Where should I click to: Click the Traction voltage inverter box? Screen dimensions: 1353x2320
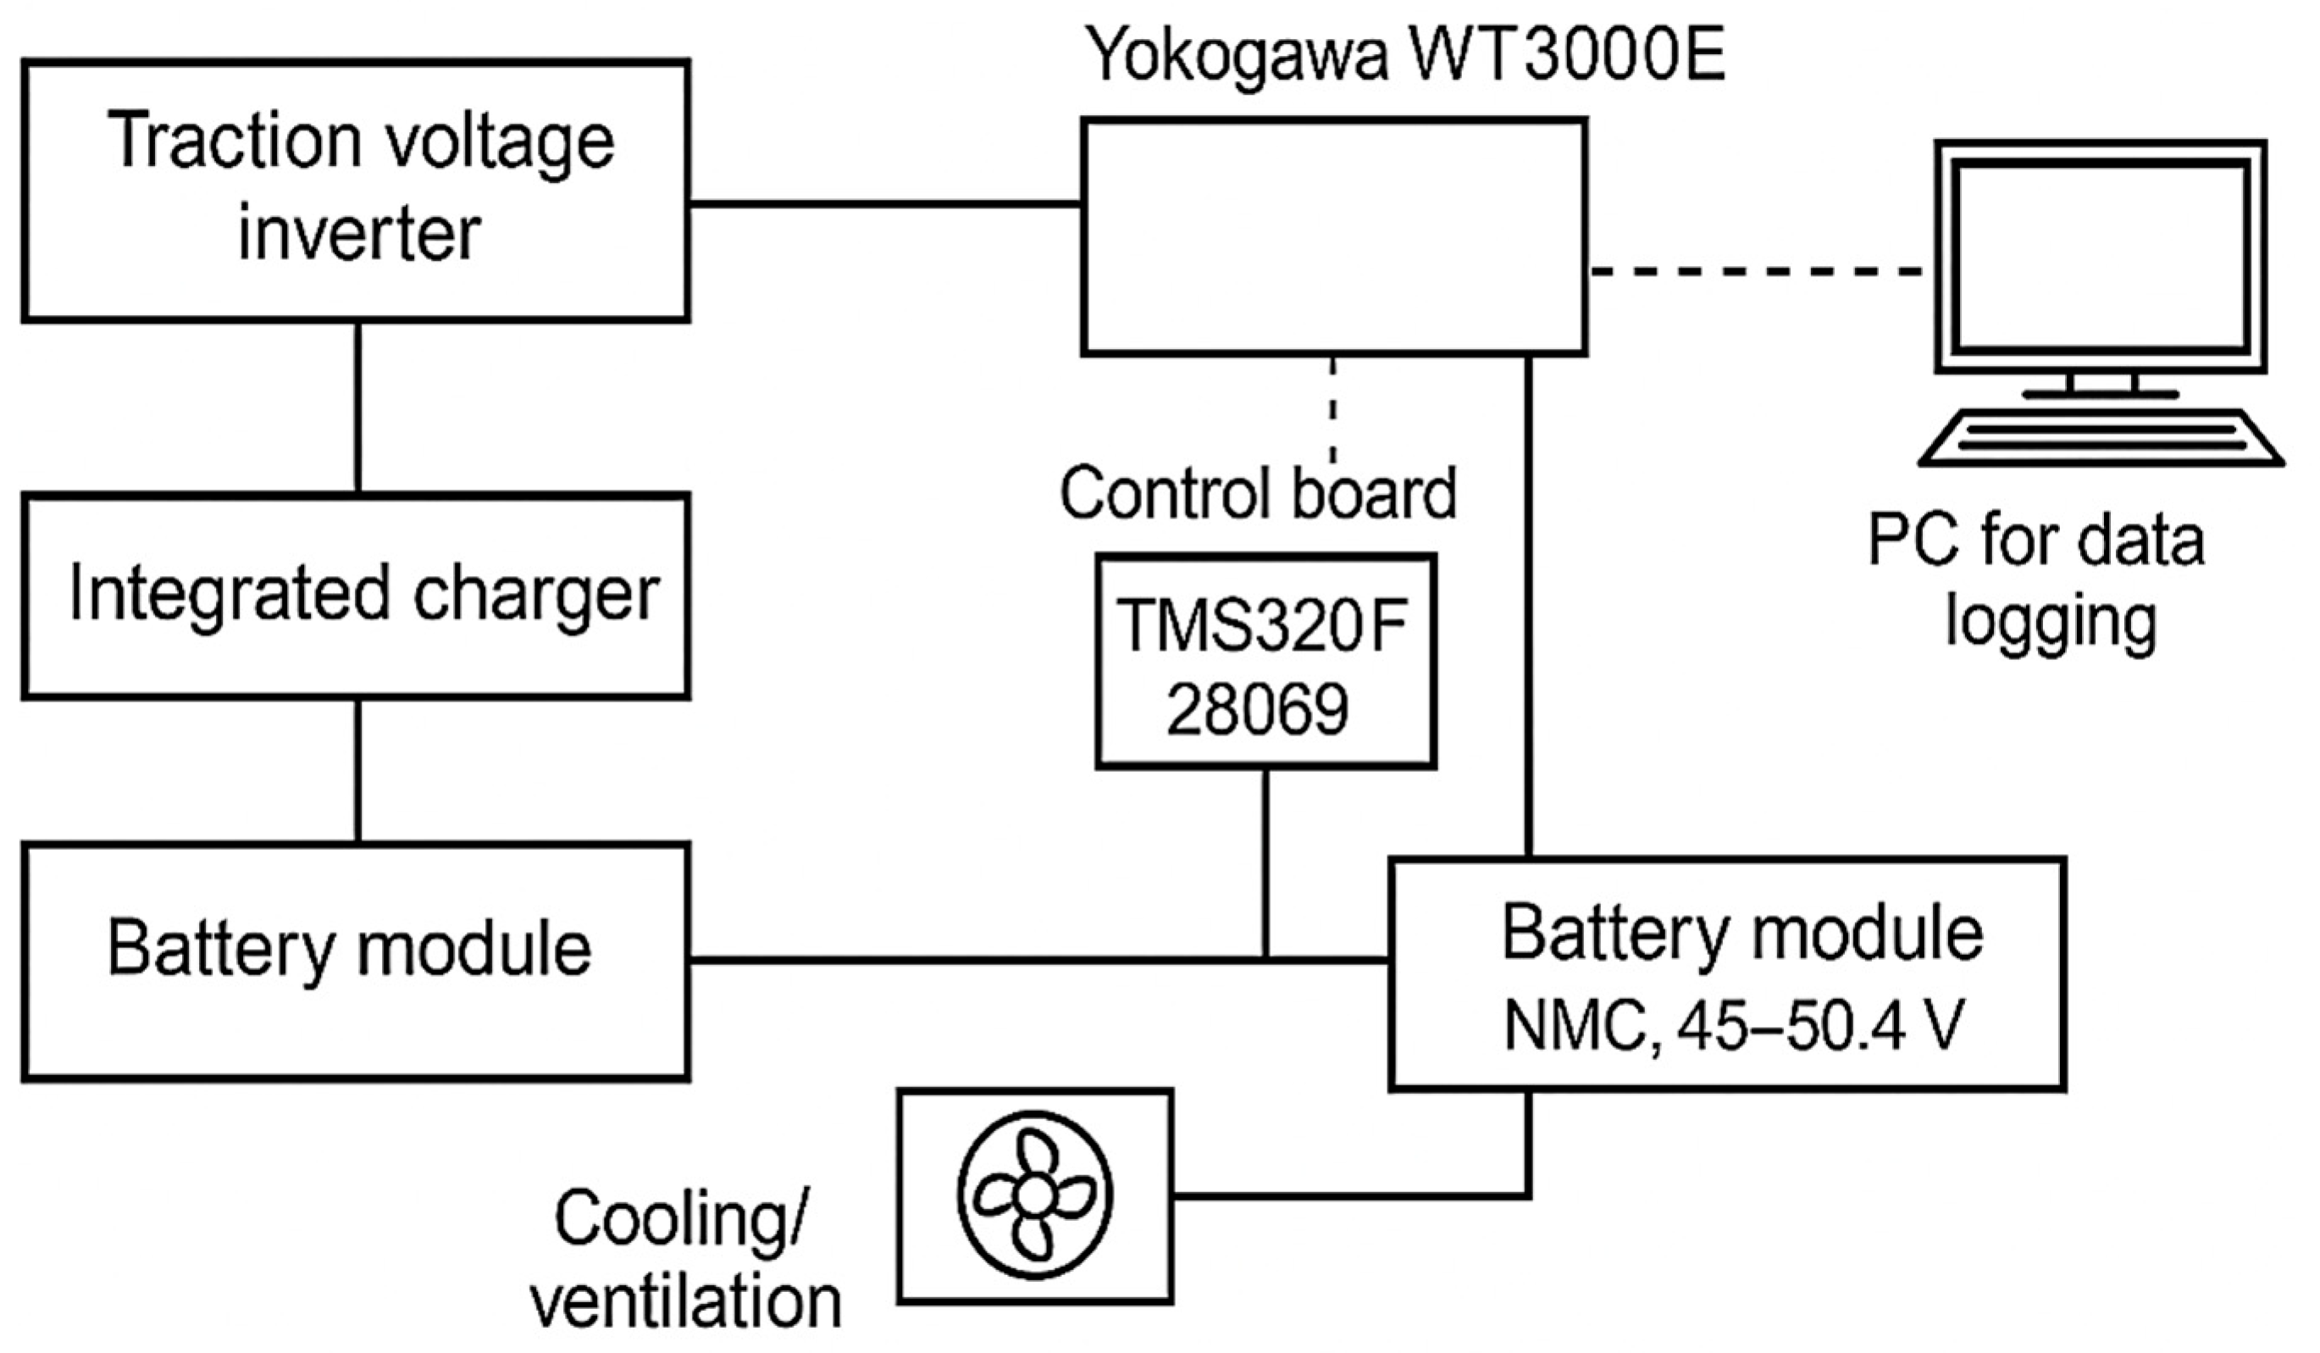(356, 191)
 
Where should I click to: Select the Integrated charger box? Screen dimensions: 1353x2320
(356, 595)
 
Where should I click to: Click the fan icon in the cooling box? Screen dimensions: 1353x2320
(1035, 1195)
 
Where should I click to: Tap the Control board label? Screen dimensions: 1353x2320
(1258, 494)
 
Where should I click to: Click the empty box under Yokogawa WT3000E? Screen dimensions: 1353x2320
(1333, 236)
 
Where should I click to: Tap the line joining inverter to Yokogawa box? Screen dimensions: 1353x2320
(883, 203)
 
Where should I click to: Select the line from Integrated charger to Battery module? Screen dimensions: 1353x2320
(358, 770)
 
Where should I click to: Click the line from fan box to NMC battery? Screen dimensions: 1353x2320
(1354, 1195)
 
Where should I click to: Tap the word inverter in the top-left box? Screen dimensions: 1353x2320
(359, 233)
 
